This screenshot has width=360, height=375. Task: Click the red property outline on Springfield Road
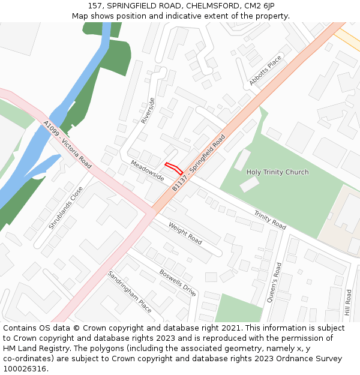click(x=173, y=168)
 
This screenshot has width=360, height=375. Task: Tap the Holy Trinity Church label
click(x=277, y=172)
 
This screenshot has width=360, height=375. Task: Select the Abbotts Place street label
click(x=265, y=70)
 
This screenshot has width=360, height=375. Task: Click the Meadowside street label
click(x=147, y=170)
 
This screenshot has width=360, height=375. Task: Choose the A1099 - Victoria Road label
click(x=67, y=145)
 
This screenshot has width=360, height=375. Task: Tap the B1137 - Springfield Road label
click(x=199, y=163)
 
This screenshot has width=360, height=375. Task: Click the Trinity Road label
click(x=269, y=220)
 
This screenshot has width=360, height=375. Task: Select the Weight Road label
click(x=185, y=233)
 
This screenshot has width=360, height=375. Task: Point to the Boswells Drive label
click(x=178, y=282)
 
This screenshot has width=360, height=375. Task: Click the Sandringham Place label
click(x=130, y=291)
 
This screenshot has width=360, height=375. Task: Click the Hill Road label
click(x=348, y=303)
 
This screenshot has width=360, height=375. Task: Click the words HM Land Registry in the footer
click(x=33, y=348)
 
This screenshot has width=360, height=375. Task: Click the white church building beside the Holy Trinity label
click(x=249, y=184)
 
